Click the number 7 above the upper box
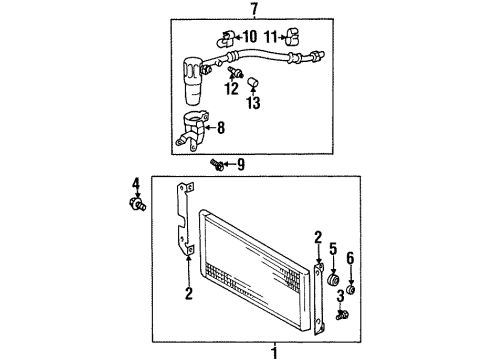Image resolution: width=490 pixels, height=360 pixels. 254,9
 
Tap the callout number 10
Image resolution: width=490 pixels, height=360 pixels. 251,40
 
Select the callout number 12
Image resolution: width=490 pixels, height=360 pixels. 231,89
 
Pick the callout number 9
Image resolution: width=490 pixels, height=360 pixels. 239,164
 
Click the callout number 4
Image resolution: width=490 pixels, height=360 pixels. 135,183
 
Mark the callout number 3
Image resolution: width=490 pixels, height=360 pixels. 341,296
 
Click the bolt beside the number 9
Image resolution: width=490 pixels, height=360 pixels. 217,164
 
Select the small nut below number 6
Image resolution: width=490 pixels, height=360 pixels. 351,290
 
